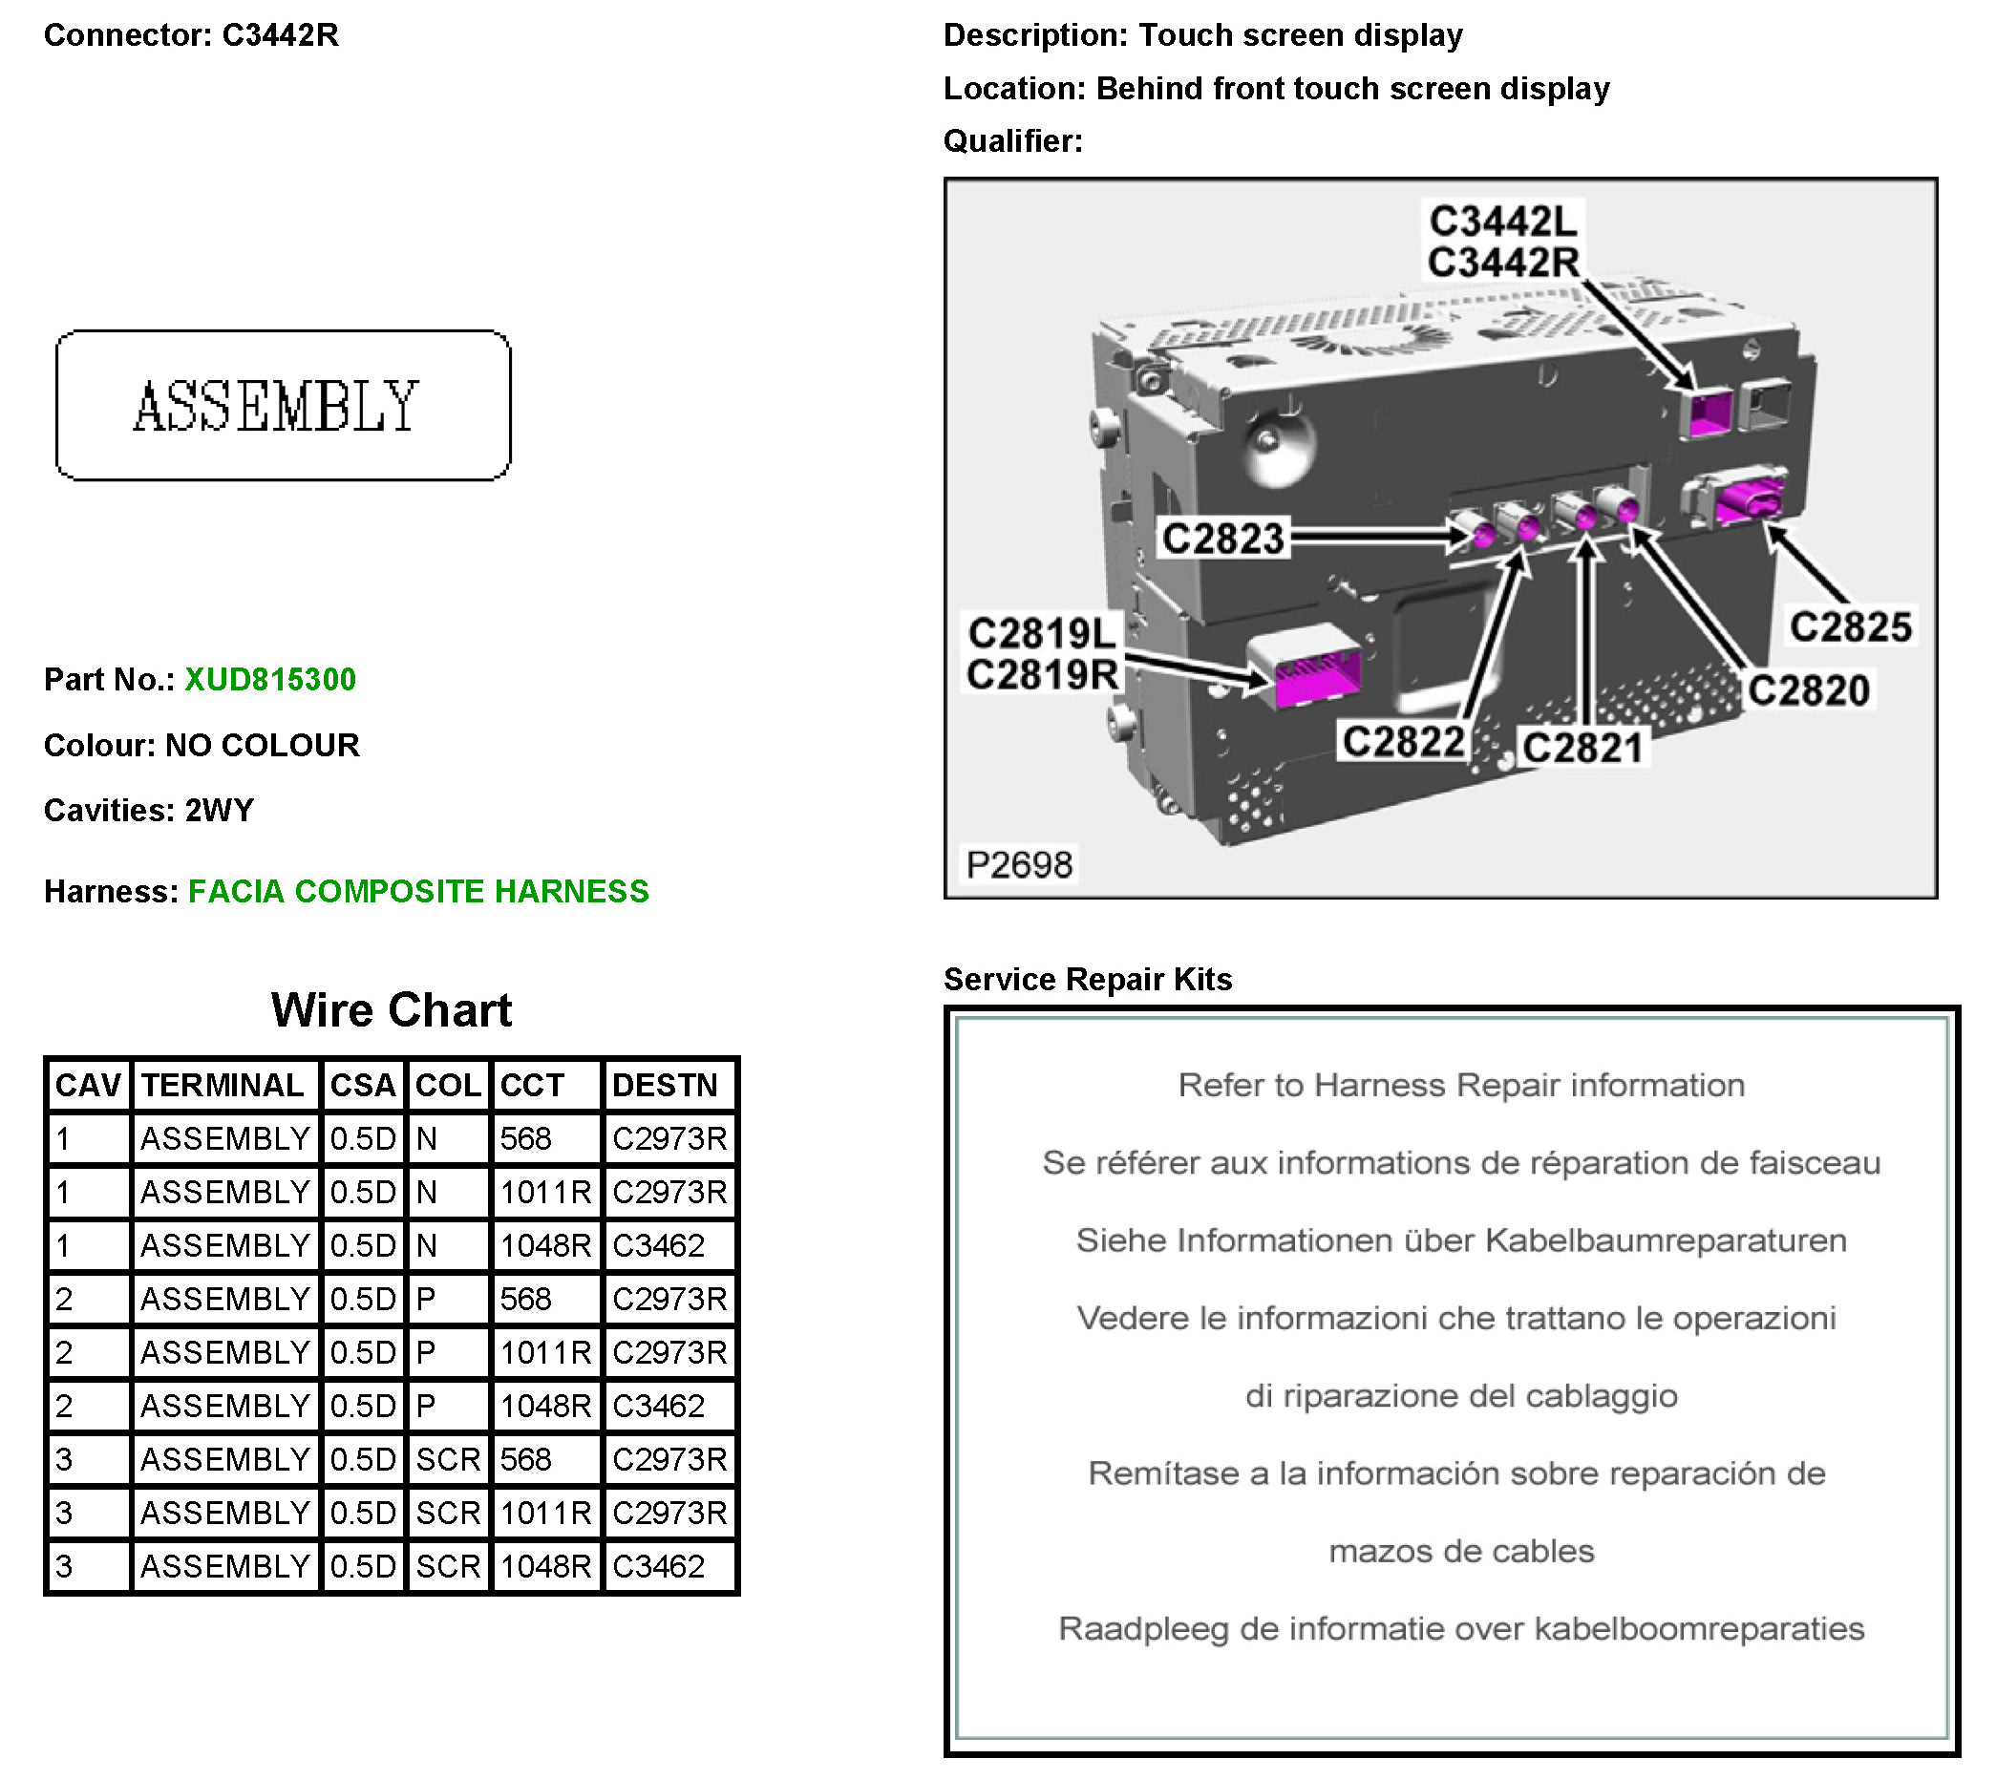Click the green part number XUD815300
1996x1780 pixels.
pos(270,679)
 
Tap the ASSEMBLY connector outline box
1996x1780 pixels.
pos(283,405)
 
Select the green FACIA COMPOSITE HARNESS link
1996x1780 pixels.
pos(417,891)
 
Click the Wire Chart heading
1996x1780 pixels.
pos(392,1009)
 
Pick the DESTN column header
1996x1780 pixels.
pos(665,1085)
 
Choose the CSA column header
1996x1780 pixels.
pos(362,1085)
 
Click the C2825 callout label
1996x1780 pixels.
pos(1849,626)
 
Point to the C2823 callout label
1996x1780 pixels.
pos(1222,538)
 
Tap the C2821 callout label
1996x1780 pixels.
pos(1582,747)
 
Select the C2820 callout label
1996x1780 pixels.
pos(1808,690)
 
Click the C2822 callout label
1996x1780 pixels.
pos(1403,741)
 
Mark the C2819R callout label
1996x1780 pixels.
pos(1042,674)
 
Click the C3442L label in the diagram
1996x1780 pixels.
pos(1503,221)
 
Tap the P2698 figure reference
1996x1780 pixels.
pos(1019,864)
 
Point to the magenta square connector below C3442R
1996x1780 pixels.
pos(1709,412)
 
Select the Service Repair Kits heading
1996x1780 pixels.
pos(1087,979)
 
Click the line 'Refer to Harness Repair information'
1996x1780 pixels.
pos(1460,1085)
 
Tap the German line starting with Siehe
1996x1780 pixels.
pos(1460,1240)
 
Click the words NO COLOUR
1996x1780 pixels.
pos(262,745)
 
